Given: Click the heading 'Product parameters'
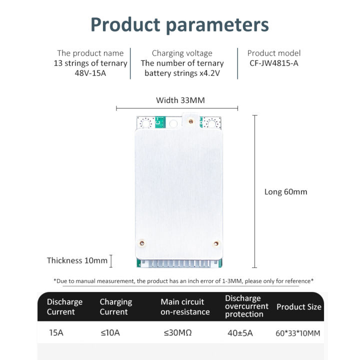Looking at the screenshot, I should pyautogui.click(x=179, y=25).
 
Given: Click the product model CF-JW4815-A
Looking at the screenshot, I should pyautogui.click(x=273, y=63).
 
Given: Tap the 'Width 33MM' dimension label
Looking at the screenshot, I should pyautogui.click(x=180, y=100).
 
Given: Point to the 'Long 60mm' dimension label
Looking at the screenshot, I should pyautogui.click(x=285, y=191).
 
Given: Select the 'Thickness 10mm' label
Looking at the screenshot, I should pyautogui.click(x=77, y=260).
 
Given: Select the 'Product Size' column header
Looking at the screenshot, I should pyautogui.click(x=299, y=306).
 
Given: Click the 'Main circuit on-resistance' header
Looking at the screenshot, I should pyautogui.click(x=185, y=306).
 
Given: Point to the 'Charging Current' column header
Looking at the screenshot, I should pyautogui.click(x=116, y=306).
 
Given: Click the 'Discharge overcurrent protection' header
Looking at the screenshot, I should pyautogui.click(x=246, y=306).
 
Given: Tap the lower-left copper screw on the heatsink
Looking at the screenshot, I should pyautogui.click(x=142, y=243).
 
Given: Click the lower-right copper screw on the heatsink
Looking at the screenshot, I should pyautogui.click(x=216, y=243).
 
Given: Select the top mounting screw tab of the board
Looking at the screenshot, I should pyautogui.click(x=189, y=120).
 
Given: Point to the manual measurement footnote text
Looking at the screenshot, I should pyautogui.click(x=183, y=281).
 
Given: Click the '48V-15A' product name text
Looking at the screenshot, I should pyautogui.click(x=90, y=73).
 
